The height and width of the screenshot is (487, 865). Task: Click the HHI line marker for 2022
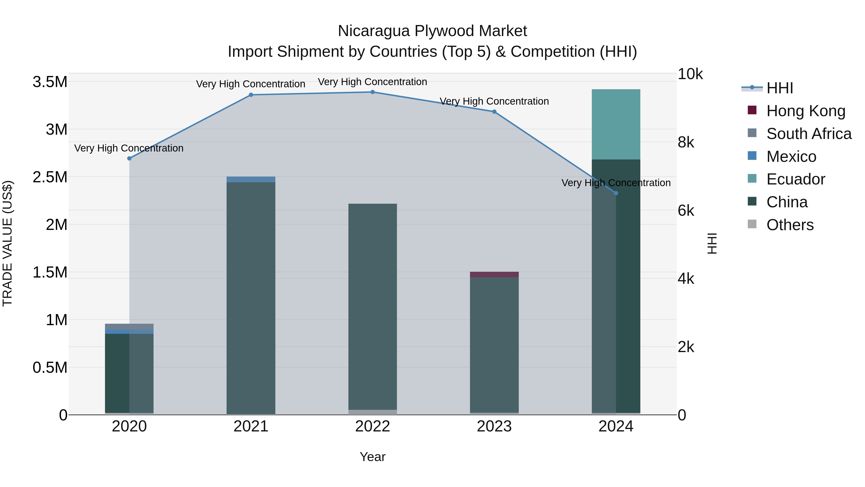372,92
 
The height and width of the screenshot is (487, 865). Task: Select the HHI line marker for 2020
129,158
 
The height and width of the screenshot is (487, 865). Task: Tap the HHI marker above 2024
616,193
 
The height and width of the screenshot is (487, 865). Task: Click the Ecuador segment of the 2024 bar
616,124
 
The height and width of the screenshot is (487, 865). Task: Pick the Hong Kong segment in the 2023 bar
494,275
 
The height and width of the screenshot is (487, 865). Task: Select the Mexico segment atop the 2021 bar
251,179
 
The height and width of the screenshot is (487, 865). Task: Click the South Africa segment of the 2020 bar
129,327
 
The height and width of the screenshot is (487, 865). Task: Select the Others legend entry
790,225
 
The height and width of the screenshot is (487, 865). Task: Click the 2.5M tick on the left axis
50,177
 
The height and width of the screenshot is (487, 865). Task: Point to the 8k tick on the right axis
686,143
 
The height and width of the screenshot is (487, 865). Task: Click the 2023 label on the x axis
494,426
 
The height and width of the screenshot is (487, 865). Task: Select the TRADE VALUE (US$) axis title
7,243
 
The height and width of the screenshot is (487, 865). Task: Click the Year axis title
372,457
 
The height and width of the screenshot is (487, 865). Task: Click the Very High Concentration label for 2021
251,84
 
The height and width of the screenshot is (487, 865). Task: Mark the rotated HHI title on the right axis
712,243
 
